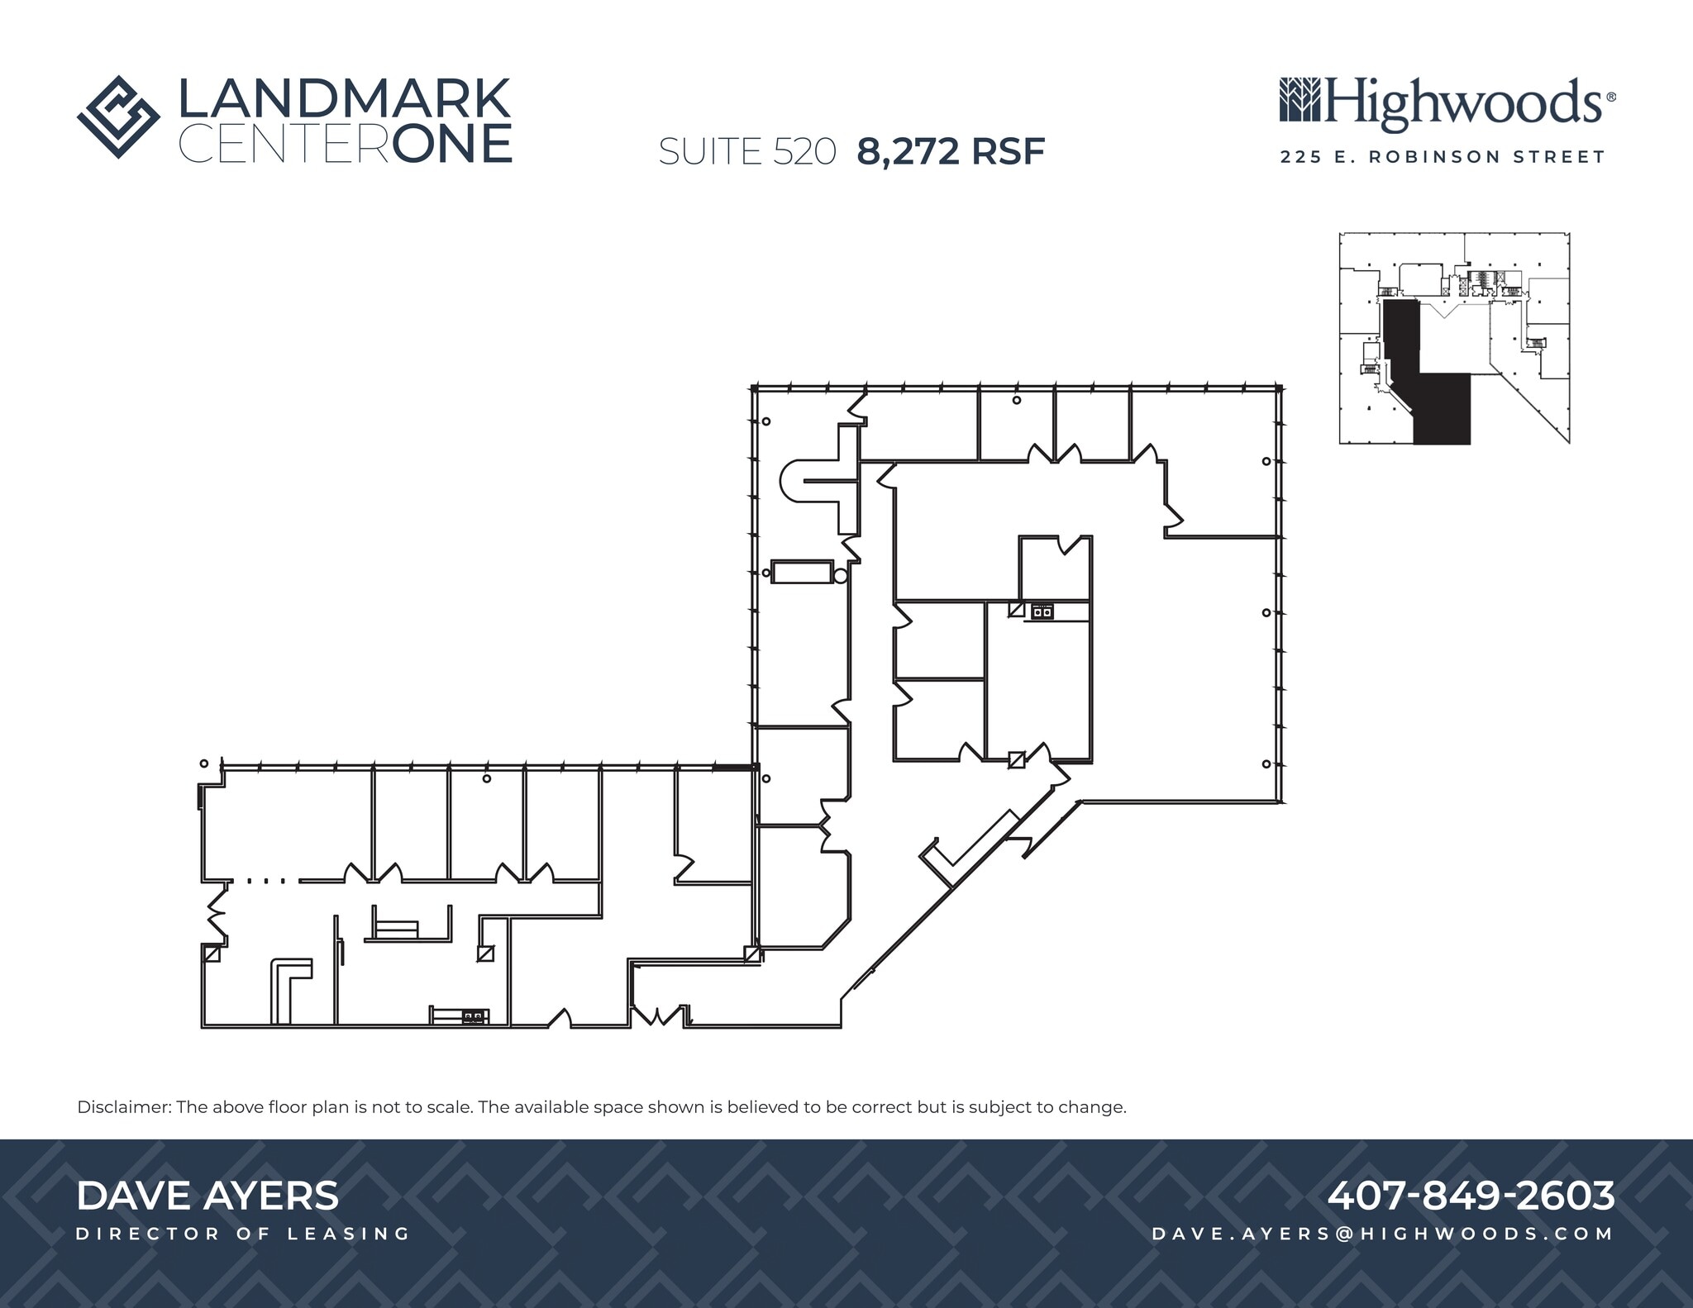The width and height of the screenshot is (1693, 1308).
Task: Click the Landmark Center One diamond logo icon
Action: coord(118,117)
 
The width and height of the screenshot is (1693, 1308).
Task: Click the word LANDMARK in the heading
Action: coord(344,99)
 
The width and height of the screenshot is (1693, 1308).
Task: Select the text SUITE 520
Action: coord(747,152)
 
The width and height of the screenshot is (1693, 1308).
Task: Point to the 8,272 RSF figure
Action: coord(951,151)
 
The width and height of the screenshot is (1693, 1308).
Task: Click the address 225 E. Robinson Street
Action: coord(1443,157)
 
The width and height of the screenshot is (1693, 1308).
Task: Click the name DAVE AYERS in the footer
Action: coord(207,1196)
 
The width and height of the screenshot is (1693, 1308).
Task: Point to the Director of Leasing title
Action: coord(243,1234)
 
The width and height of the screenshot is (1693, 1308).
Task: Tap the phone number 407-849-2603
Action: coord(1471,1195)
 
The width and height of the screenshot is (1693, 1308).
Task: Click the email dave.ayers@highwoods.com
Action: coord(1382,1234)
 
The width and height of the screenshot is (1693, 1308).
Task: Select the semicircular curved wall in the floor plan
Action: coord(791,481)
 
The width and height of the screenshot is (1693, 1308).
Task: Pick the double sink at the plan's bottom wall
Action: coord(474,1016)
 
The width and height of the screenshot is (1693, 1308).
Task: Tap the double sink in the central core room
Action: coord(1042,611)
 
